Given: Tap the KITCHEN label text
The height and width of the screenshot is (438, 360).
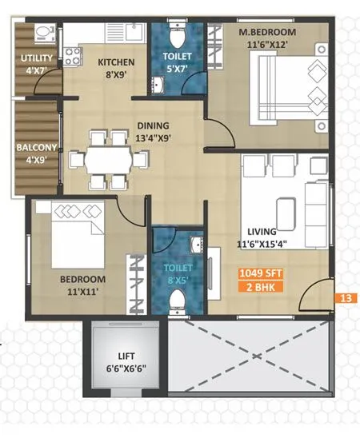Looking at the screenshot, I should click(x=116, y=62).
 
